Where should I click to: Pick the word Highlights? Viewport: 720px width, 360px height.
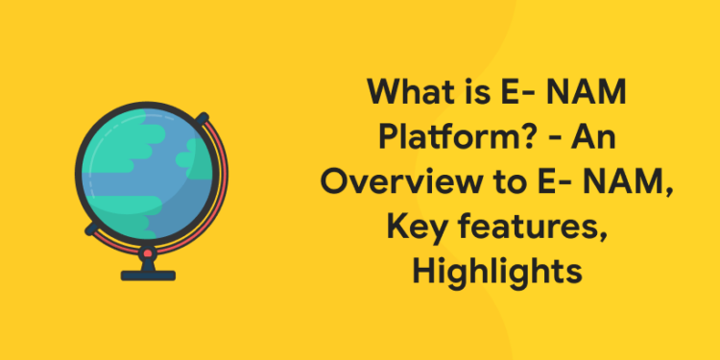click(x=497, y=273)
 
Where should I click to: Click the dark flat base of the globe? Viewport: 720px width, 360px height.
click(x=149, y=275)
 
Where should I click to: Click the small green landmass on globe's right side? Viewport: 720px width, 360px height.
click(x=187, y=152)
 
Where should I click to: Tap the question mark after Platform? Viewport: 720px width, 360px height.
click(x=524, y=140)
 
